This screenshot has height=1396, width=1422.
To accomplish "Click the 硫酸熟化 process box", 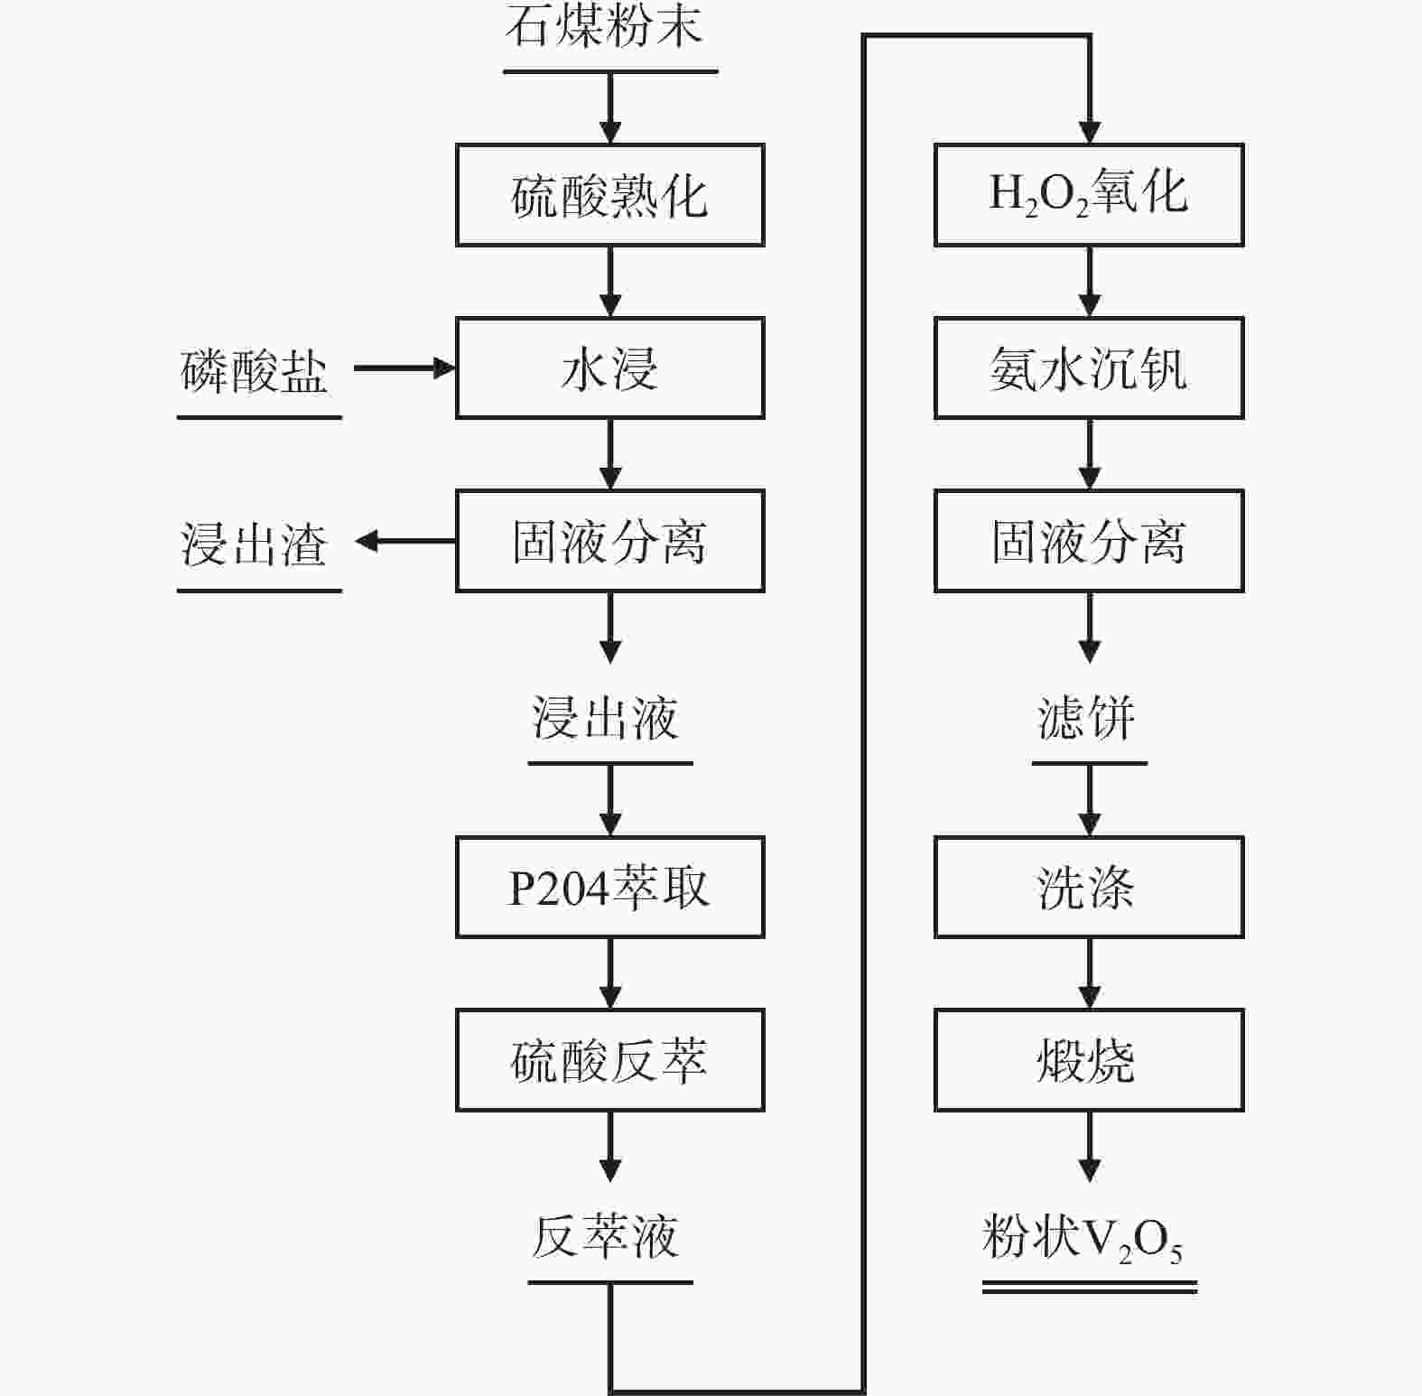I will pos(609,195).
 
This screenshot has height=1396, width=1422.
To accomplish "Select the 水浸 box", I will pos(609,368).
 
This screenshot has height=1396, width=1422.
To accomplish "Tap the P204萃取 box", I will pos(609,887).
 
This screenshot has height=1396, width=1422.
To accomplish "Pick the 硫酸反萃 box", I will pos(609,1060).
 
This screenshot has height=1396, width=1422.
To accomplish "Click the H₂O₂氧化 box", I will pos(1089,195).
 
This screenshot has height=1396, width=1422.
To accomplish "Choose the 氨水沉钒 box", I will pos(1089,368).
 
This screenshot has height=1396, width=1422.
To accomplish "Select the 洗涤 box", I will pos(1089,887).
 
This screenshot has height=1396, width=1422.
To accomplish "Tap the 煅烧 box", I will pos(1089,1060).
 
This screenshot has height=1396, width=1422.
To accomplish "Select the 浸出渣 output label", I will pos(255,544).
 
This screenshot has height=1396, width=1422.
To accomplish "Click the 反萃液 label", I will pos(606,1237).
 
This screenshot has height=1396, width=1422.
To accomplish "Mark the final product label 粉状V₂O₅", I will pos(1083,1239).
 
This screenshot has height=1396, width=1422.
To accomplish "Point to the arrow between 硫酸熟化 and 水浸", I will pos(610,281).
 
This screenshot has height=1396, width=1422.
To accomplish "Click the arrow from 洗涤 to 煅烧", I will pos(1090,973).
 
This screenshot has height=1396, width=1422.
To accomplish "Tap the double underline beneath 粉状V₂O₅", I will pos(1089,1288).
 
